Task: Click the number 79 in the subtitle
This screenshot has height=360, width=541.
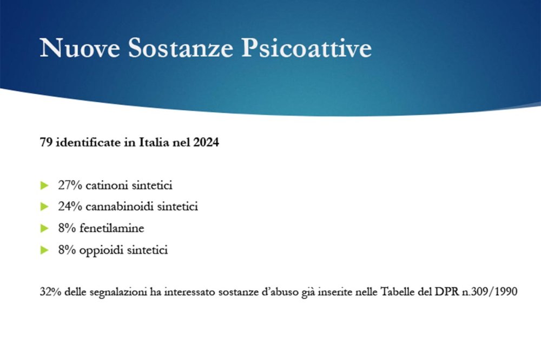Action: click(46, 144)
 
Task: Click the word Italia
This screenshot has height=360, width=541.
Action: click(157, 144)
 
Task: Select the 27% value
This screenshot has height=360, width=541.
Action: click(70, 185)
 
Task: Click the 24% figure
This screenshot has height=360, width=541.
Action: click(70, 206)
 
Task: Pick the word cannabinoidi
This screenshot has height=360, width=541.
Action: click(123, 206)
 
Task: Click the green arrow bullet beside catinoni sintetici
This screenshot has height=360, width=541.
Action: click(45, 185)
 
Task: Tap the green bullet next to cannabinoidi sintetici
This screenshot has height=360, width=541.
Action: click(45, 206)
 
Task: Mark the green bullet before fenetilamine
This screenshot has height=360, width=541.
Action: click(45, 228)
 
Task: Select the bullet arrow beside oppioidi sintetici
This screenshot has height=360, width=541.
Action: click(45, 250)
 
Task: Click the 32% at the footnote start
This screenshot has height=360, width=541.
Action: click(49, 292)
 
